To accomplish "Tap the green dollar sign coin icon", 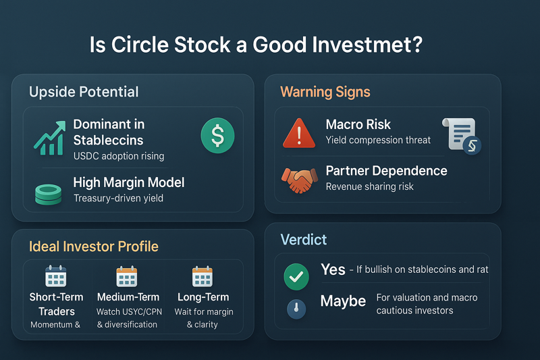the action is (217, 135).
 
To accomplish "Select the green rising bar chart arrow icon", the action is (50, 138).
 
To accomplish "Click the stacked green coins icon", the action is (48, 195).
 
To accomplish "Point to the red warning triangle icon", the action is (299, 133).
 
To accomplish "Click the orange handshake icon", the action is (299, 180).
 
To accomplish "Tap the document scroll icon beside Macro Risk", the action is (462, 136).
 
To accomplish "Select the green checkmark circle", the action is (296, 277).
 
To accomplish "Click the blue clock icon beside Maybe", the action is (296, 309).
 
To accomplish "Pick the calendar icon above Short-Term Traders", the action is (56, 276).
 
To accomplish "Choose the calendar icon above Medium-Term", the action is (127, 277).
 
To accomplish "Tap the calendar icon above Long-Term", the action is (202, 276).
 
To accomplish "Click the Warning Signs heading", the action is (325, 92).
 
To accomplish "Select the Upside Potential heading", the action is (84, 92).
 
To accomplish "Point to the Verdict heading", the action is (303, 239).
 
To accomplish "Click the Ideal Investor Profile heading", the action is (94, 247).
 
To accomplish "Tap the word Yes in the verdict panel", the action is (333, 269).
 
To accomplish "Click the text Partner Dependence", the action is (386, 171).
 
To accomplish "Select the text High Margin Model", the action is (129, 182).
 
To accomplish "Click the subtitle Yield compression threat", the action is (378, 140).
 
